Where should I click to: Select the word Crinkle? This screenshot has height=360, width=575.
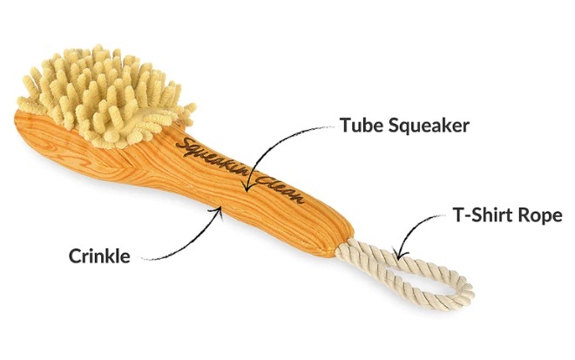click(99, 256)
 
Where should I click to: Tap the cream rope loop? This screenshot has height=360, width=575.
click(409, 270)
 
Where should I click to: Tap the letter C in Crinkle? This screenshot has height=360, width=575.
click(75, 256)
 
